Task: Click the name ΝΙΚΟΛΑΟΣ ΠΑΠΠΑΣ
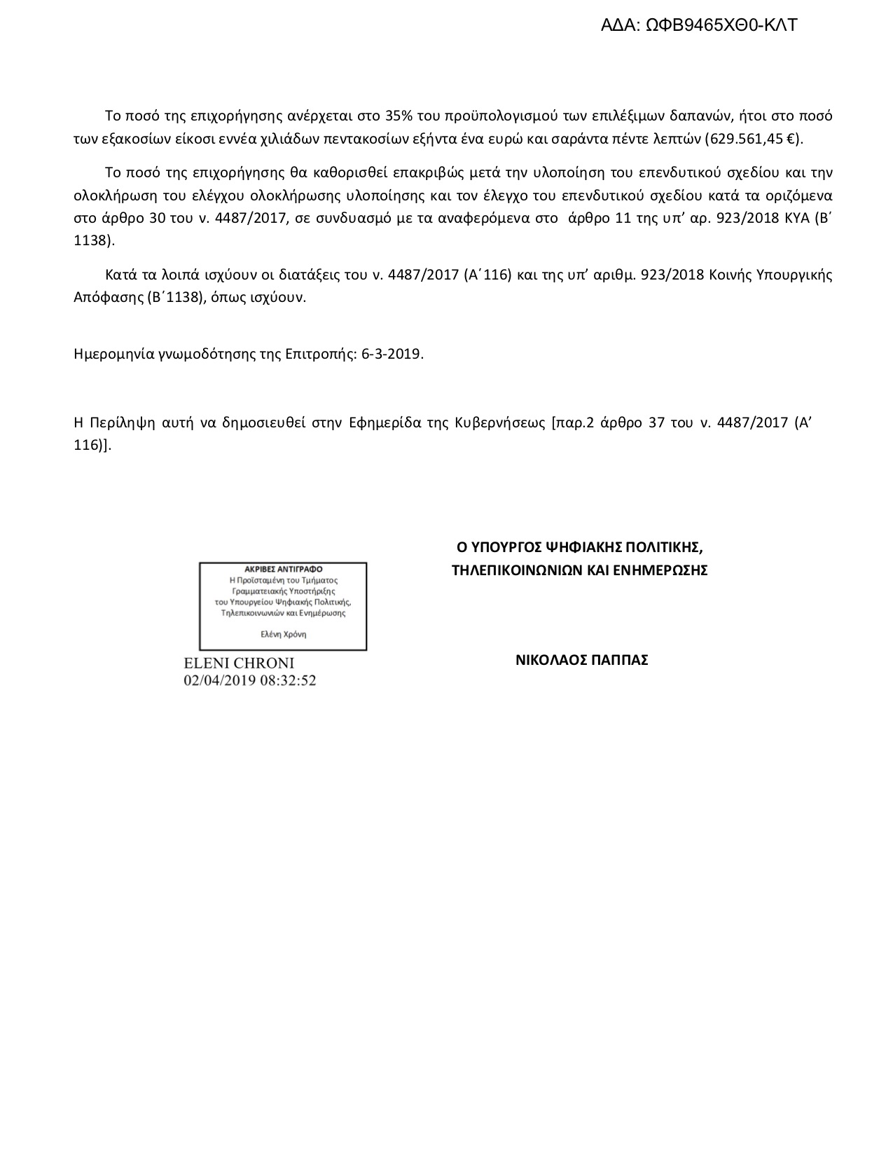(581, 660)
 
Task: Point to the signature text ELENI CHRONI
(239, 663)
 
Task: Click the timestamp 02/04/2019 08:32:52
(249, 680)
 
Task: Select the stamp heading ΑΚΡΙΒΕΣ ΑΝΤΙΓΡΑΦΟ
(284, 570)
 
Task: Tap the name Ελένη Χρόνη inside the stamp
(283, 634)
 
